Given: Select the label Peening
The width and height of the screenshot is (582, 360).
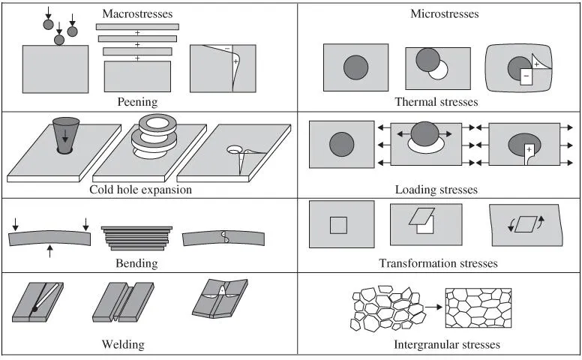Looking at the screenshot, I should tap(136, 101).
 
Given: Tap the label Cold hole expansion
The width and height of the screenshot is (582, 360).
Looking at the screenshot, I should tap(140, 189).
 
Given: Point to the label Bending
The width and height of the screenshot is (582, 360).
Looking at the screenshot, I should tap(136, 263).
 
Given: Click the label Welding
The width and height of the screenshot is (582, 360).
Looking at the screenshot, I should tap(123, 345).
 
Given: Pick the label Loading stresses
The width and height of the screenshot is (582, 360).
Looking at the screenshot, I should tap(436, 190).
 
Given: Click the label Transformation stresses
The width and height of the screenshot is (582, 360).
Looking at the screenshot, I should tap(438, 263).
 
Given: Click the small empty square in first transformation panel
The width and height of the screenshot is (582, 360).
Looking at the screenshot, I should tap(339, 225).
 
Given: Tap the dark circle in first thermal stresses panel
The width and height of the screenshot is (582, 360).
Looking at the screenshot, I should tap(355, 67).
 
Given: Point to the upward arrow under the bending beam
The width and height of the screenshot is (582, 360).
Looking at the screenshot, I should tap(49, 250).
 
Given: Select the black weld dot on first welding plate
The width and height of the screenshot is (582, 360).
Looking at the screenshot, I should tap(35, 308).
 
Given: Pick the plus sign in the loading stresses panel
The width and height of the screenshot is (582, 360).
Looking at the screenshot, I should tap(529, 150).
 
